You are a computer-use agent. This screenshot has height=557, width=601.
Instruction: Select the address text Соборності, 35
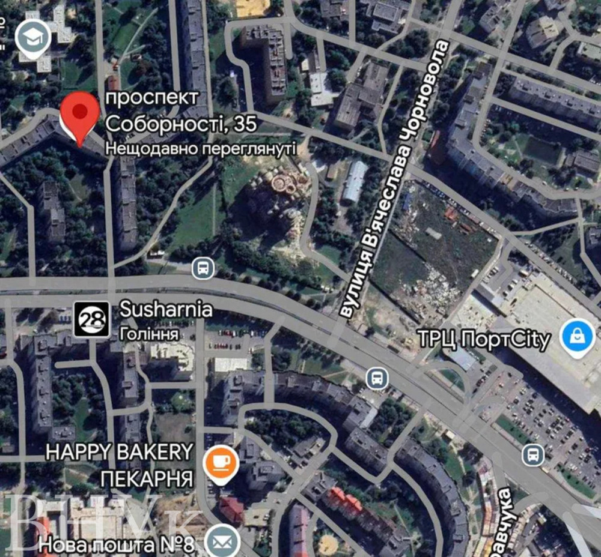(x=181, y=124)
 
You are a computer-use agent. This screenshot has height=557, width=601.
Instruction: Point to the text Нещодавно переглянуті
(x=201, y=148)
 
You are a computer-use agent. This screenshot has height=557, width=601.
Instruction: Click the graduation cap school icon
(x=33, y=37)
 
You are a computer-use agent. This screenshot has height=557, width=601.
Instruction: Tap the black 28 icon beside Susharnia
(x=92, y=319)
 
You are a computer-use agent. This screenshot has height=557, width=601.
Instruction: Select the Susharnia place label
(x=166, y=310)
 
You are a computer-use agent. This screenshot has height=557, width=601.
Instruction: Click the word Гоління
(x=149, y=333)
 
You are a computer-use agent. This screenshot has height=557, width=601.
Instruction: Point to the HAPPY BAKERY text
(x=120, y=452)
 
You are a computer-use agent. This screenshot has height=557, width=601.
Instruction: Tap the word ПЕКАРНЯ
(x=147, y=478)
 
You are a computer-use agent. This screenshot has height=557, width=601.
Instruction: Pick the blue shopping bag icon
(x=577, y=337)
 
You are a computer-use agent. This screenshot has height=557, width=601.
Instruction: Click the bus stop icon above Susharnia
(x=204, y=268)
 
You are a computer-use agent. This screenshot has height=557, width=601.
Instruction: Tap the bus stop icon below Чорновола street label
(x=377, y=378)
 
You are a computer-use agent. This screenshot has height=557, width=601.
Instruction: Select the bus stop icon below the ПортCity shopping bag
(x=532, y=454)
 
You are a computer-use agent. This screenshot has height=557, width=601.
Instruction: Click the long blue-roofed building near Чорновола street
(x=355, y=181)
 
